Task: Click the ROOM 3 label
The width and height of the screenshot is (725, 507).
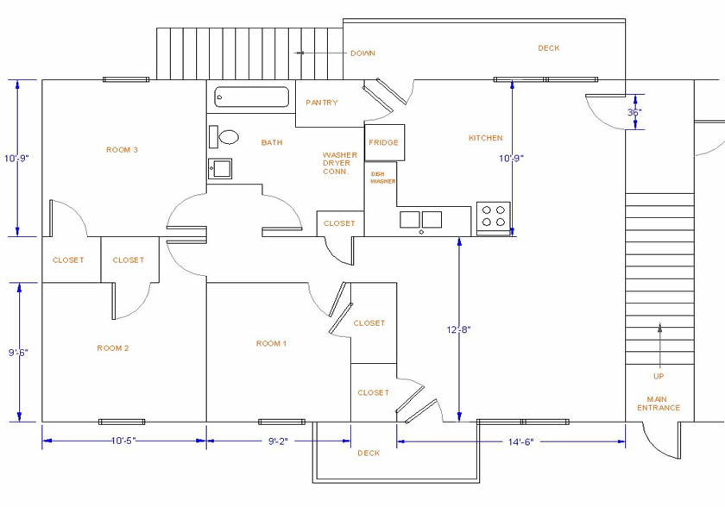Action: coord(123,150)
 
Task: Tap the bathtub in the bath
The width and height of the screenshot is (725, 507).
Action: coord(251,97)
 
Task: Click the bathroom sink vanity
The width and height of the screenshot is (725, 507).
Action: coord(219,168)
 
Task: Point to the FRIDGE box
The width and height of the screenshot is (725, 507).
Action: coord(383,142)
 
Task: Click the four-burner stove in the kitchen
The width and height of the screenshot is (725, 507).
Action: coord(494,216)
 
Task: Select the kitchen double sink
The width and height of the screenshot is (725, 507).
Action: coord(420,220)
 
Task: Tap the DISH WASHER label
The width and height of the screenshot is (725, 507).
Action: coord(383,178)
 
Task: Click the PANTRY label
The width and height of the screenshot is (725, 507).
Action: coord(322,103)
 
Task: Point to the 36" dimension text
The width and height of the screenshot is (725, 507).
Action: coord(634,112)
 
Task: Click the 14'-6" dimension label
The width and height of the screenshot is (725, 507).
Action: coord(515,442)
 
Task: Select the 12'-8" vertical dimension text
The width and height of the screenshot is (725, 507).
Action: coord(459,329)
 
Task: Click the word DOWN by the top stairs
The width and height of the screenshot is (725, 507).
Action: coord(362,53)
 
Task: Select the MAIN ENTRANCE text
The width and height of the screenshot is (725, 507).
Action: coord(659,404)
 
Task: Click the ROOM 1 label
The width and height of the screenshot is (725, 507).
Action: coord(271,343)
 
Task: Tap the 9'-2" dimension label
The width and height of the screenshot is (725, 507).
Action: coord(277,441)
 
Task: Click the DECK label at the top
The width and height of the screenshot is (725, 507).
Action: coord(548,48)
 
